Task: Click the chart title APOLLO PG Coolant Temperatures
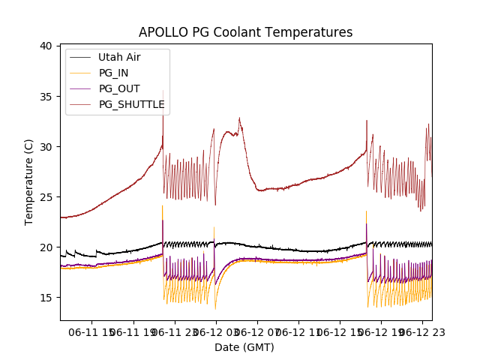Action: click(x=245, y=32)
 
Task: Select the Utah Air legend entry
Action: click(x=119, y=57)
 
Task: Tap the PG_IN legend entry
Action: click(x=114, y=73)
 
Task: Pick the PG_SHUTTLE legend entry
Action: click(x=131, y=104)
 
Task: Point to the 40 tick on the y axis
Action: click(x=46, y=46)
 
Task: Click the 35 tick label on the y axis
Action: click(x=46, y=96)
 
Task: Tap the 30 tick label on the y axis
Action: click(x=46, y=146)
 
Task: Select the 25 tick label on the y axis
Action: click(x=46, y=196)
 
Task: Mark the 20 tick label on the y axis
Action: click(x=46, y=247)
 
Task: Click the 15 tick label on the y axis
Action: click(x=46, y=297)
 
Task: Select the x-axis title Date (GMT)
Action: click(x=244, y=347)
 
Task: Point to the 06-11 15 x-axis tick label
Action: click(x=92, y=331)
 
